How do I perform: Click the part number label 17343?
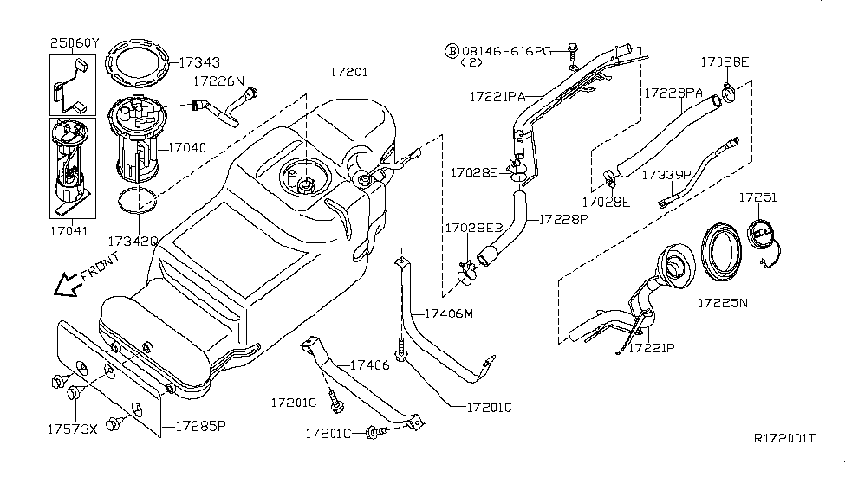199,62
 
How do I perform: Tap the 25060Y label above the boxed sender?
75,43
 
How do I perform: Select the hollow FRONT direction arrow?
67,284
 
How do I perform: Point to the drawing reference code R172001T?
784,438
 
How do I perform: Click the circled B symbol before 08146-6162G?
451,51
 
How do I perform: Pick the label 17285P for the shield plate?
201,426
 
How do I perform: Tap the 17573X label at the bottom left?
73,429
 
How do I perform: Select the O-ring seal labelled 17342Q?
139,202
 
